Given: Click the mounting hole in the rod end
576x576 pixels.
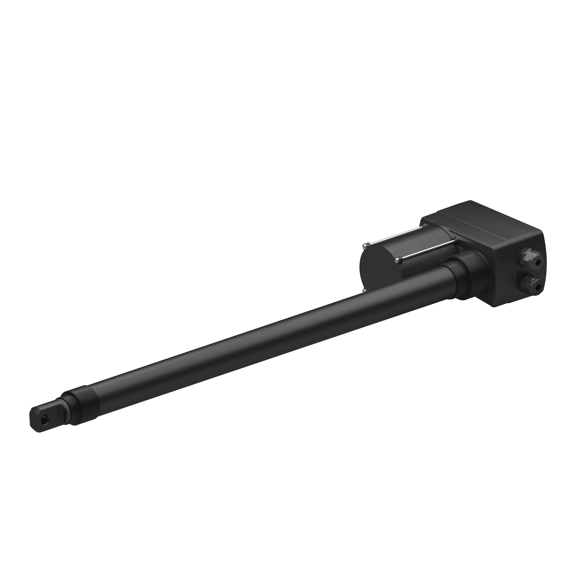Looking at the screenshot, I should (x=44, y=420).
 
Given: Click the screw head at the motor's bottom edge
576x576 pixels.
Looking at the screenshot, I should (x=364, y=290).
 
